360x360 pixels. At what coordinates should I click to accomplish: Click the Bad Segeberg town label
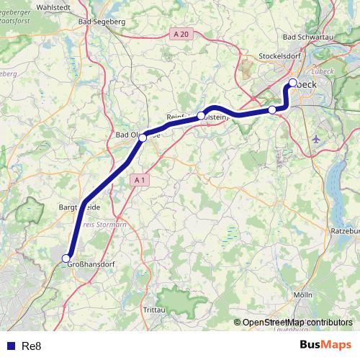pyautogui.click(x=101, y=22)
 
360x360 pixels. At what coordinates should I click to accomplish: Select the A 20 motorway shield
pyautogui.click(x=182, y=34)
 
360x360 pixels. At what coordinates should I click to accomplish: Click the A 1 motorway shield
pyautogui.click(x=139, y=179)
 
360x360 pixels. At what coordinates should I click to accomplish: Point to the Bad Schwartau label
pyautogui.click(x=307, y=36)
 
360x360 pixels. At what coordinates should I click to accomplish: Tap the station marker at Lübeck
pyautogui.click(x=293, y=82)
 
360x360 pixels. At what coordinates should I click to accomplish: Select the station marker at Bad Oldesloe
pyautogui.click(x=143, y=137)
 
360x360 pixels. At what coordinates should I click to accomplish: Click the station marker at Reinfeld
pyautogui.click(x=201, y=115)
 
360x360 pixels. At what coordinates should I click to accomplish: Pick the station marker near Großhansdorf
pyautogui.click(x=66, y=258)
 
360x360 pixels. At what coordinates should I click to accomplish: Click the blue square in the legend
pyautogui.click(x=10, y=346)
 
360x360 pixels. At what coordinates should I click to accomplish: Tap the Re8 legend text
pyautogui.click(x=31, y=346)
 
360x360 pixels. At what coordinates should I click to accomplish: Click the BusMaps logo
pyautogui.click(x=325, y=345)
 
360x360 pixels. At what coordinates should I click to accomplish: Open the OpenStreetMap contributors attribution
pyautogui.click(x=297, y=323)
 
